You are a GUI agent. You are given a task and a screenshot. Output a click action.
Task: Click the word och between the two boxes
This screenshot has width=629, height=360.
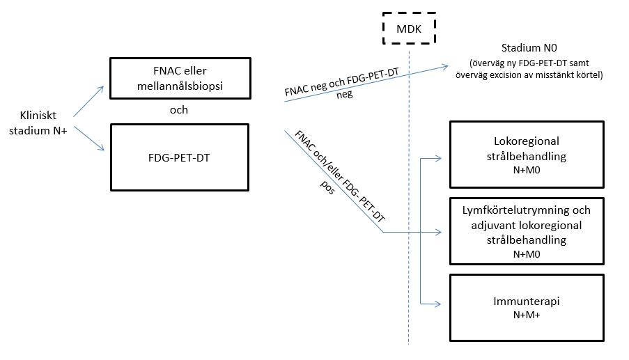pos(179,110)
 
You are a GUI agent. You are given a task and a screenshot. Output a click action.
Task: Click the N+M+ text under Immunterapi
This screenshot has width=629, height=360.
pos(527,315)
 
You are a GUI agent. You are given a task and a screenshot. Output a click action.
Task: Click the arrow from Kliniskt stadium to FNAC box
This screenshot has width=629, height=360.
pos(88,102)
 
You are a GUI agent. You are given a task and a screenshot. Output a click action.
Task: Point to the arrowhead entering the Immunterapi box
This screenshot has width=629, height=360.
pos(438,304)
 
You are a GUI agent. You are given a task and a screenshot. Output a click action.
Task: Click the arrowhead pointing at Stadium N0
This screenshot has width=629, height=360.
pos(446,66)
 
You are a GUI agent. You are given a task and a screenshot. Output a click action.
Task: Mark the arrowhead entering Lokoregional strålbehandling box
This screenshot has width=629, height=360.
pos(438,158)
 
